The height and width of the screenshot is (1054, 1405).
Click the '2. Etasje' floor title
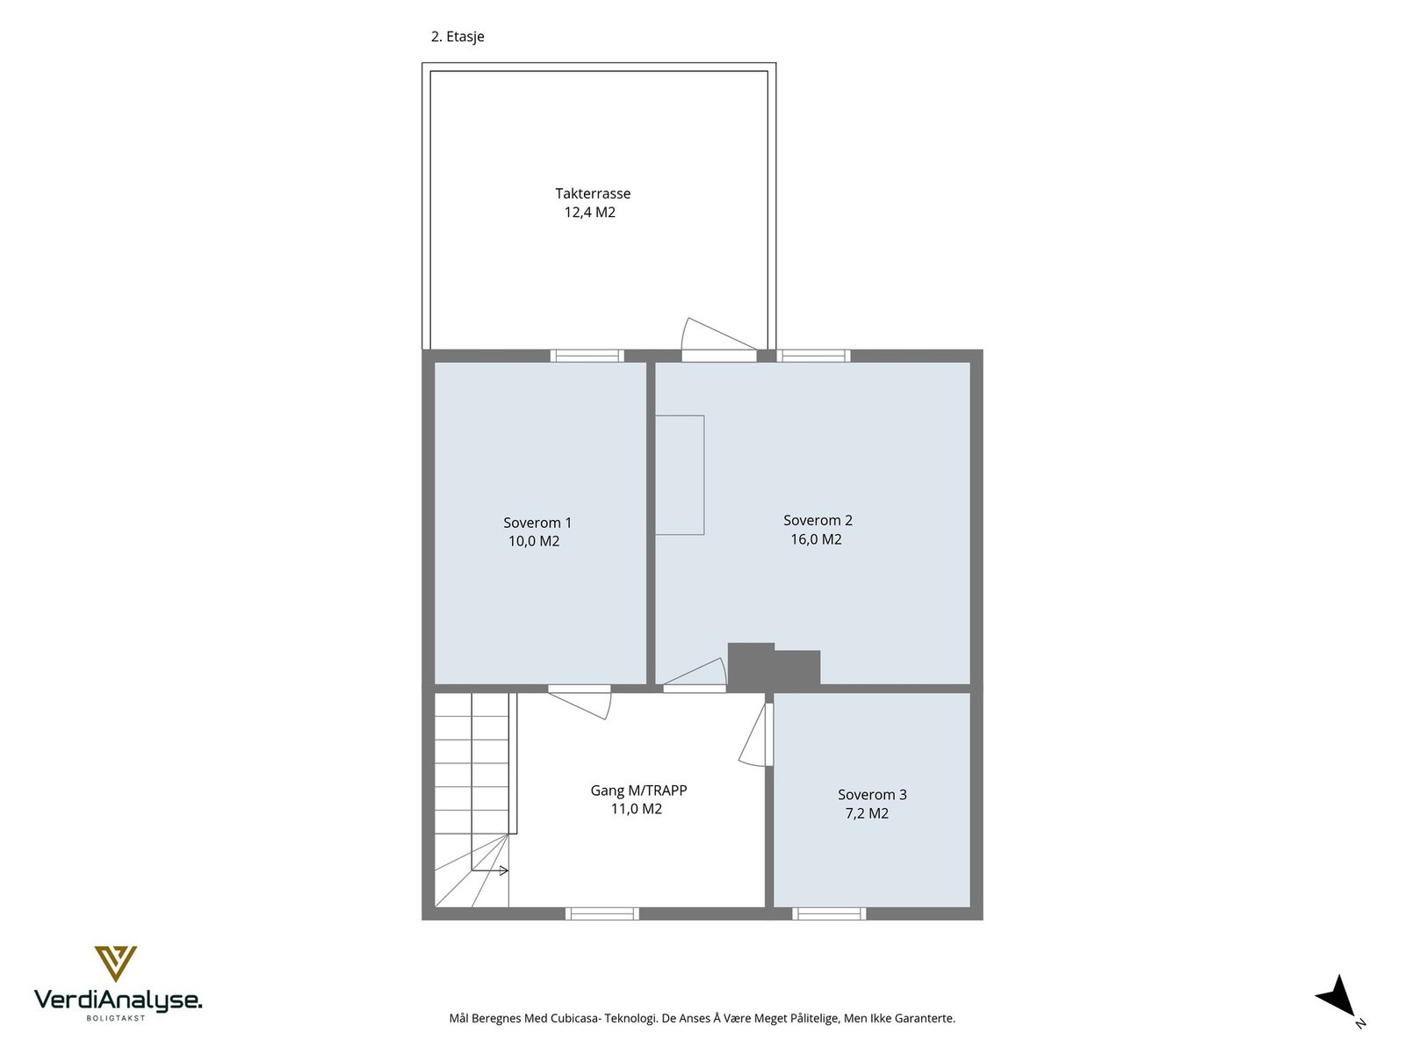point(457,37)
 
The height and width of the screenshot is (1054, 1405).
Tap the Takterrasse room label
point(593,193)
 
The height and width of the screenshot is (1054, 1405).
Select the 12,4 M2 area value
point(589,213)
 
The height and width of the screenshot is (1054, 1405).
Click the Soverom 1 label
point(537,523)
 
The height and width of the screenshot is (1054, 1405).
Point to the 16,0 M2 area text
point(816,539)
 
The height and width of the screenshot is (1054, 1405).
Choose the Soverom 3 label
point(872,795)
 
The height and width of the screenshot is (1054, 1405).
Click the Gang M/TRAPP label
point(638,790)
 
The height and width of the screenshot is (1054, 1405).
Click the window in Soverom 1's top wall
point(587,356)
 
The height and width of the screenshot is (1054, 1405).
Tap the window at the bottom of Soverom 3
point(829,914)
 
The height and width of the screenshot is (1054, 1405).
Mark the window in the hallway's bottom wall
point(602,914)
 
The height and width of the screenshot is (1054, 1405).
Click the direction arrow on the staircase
point(492,870)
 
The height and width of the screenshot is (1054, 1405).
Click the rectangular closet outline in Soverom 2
point(681,475)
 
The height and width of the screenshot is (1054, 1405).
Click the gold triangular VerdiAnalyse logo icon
point(116,963)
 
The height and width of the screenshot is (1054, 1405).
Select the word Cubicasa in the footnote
point(576,1019)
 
